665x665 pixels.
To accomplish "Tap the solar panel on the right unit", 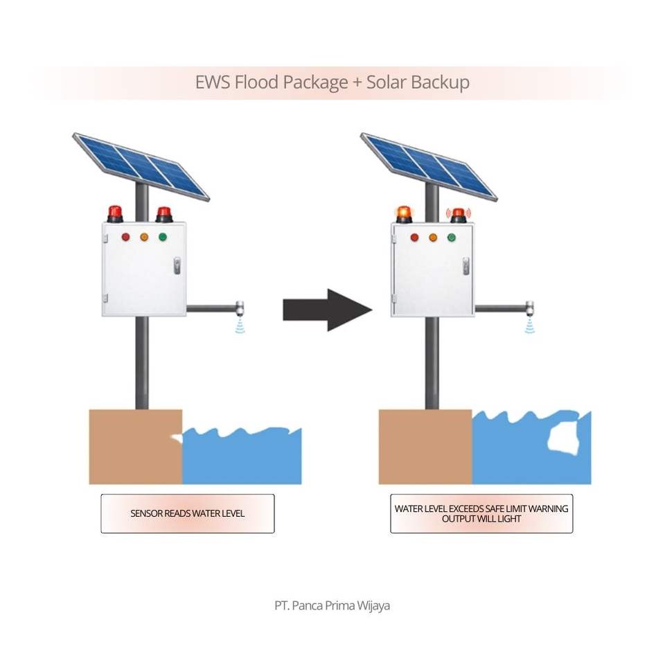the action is click(429, 166).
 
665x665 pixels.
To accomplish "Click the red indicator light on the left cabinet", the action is click(126, 237).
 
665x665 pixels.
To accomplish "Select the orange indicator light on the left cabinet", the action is click(144, 237).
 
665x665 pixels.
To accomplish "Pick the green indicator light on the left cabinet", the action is click(163, 237).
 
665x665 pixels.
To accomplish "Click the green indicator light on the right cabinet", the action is click(452, 238).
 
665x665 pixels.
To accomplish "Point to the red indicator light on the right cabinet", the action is click(415, 238).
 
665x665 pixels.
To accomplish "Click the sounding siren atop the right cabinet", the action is click(458, 215).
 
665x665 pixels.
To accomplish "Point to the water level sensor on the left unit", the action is click(240, 309).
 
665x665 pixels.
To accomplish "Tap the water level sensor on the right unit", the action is click(529, 309).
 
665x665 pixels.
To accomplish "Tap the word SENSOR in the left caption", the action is click(147, 514).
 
